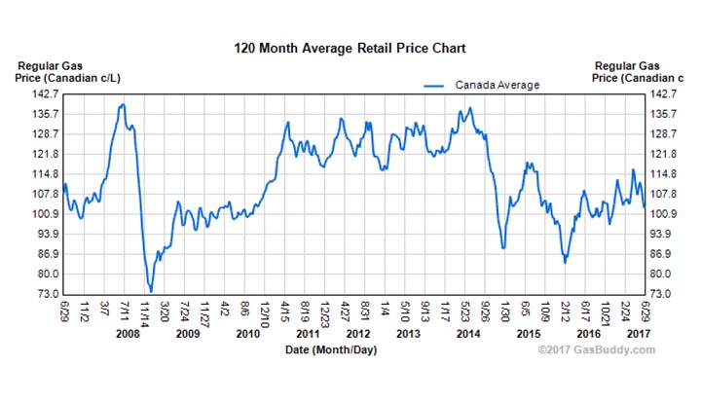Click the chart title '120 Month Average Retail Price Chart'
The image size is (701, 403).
(350, 47)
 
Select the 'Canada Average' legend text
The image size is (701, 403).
(497, 86)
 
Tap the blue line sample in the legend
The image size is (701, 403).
(436, 86)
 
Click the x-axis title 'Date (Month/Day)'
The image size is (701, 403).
(327, 348)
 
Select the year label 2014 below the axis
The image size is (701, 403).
(468, 334)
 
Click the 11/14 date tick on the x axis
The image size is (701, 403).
(145, 312)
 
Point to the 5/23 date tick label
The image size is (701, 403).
(465, 312)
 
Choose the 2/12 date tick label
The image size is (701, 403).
(566, 312)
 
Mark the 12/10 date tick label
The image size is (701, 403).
(265, 312)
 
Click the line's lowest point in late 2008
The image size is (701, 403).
(151, 290)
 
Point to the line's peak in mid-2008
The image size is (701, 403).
(123, 104)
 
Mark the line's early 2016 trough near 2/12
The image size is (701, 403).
(565, 262)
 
